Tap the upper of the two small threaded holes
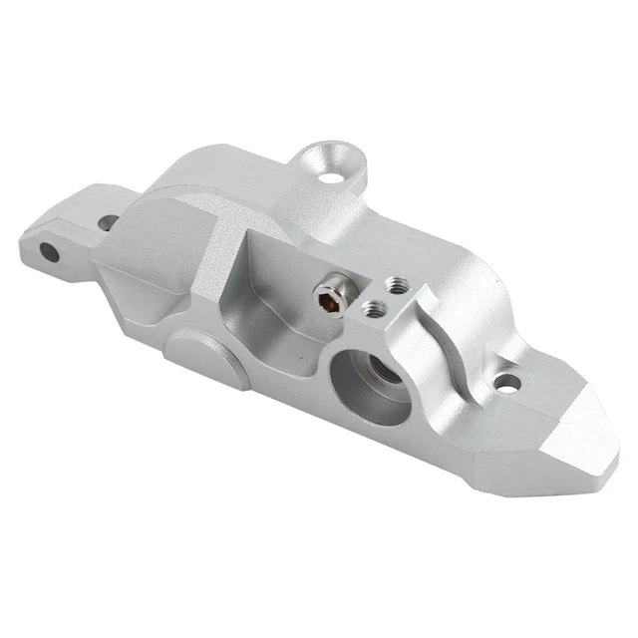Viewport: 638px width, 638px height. [395, 285]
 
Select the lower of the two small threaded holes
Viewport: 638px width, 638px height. [375, 309]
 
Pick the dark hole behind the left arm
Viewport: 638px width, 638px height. [107, 222]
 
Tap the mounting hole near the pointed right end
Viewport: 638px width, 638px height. [508, 382]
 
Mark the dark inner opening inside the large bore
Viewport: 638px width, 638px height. [384, 374]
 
